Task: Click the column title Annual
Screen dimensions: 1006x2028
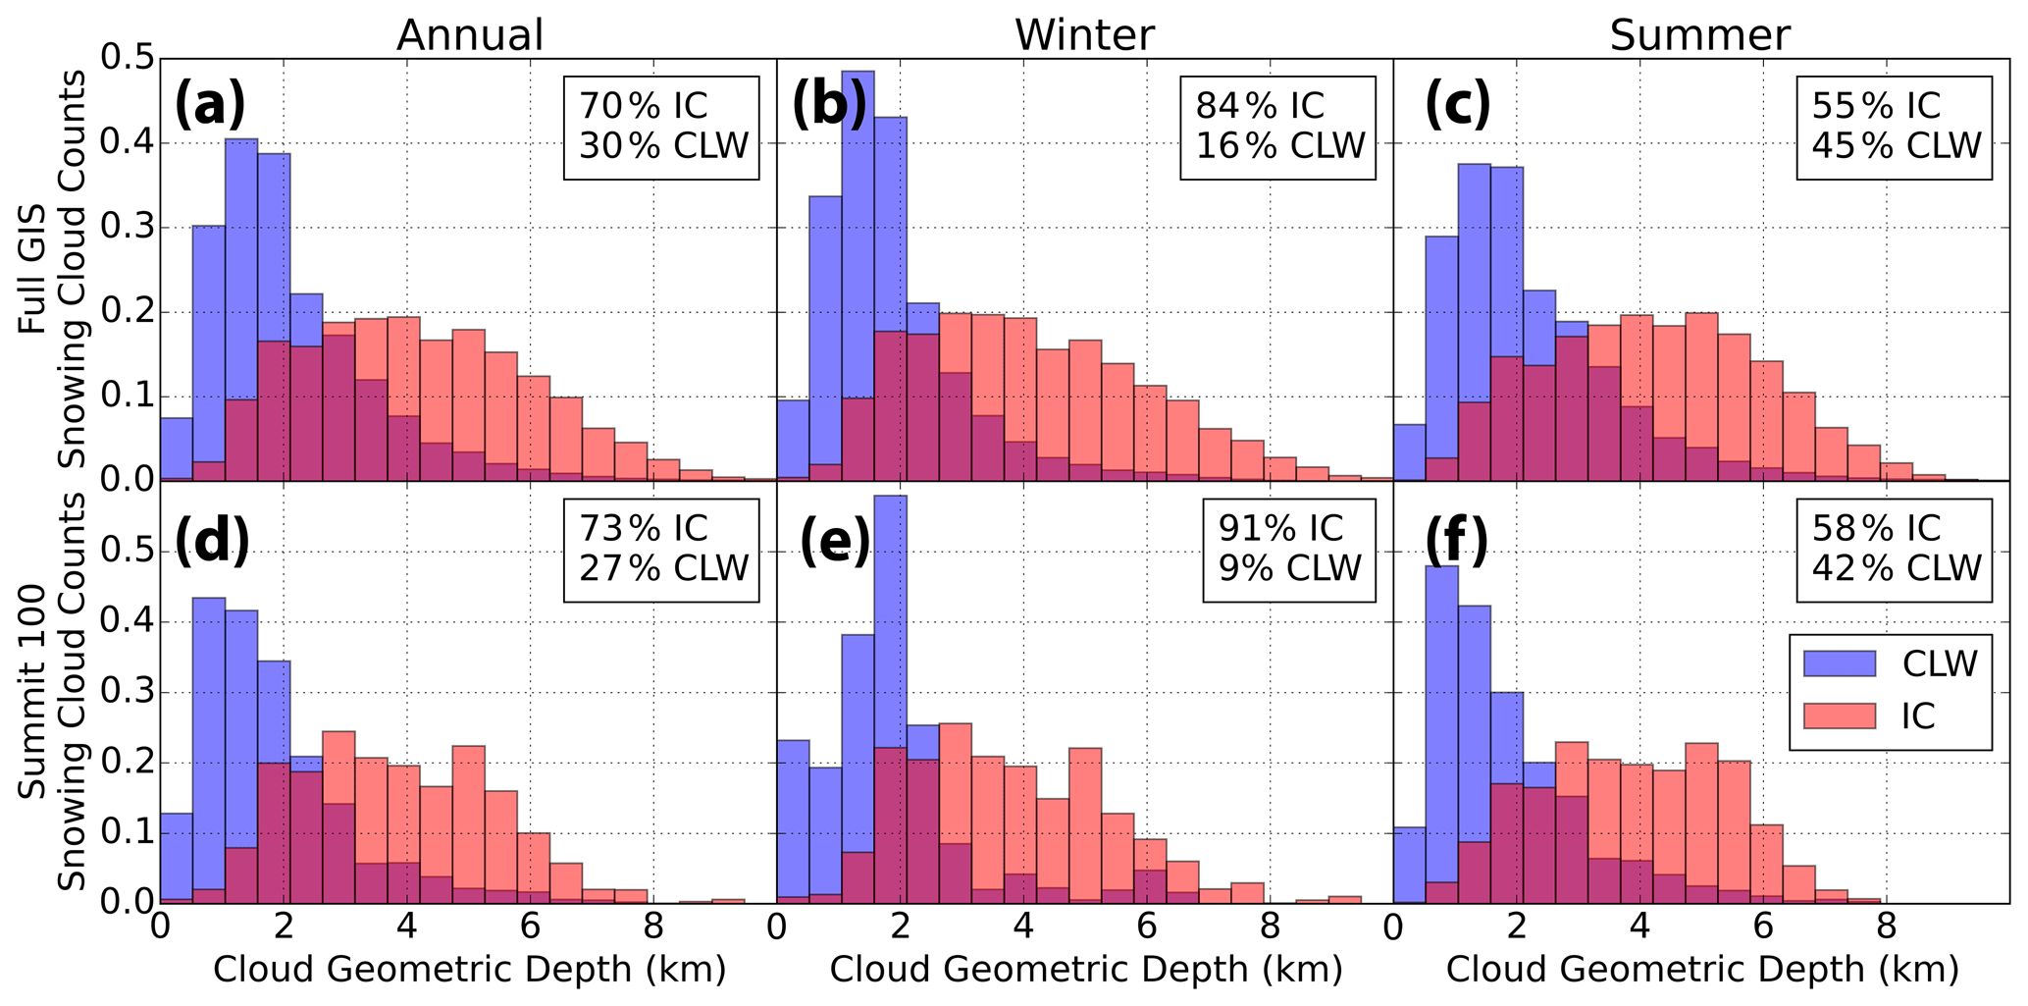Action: tap(469, 36)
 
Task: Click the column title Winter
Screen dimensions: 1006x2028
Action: tap(1084, 36)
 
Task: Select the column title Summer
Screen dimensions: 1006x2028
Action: tap(1699, 36)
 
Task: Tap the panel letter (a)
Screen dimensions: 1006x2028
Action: tap(210, 106)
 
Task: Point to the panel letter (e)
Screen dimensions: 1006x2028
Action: tap(835, 541)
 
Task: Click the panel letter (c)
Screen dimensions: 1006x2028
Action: tap(1457, 106)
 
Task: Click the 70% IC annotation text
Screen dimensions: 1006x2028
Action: tap(643, 106)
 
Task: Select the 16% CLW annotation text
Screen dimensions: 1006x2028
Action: tap(1279, 146)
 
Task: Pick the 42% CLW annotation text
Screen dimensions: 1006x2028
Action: tap(1896, 568)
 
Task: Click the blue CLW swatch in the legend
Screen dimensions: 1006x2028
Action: tap(1840, 663)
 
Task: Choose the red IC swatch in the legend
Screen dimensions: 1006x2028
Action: tap(1840, 716)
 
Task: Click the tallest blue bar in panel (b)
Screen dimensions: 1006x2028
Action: tap(858, 275)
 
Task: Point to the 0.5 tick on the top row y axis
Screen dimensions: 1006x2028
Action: tap(126, 60)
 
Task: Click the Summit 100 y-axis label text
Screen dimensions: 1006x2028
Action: tap(35, 692)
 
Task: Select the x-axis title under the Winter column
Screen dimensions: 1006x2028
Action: tap(1085, 970)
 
